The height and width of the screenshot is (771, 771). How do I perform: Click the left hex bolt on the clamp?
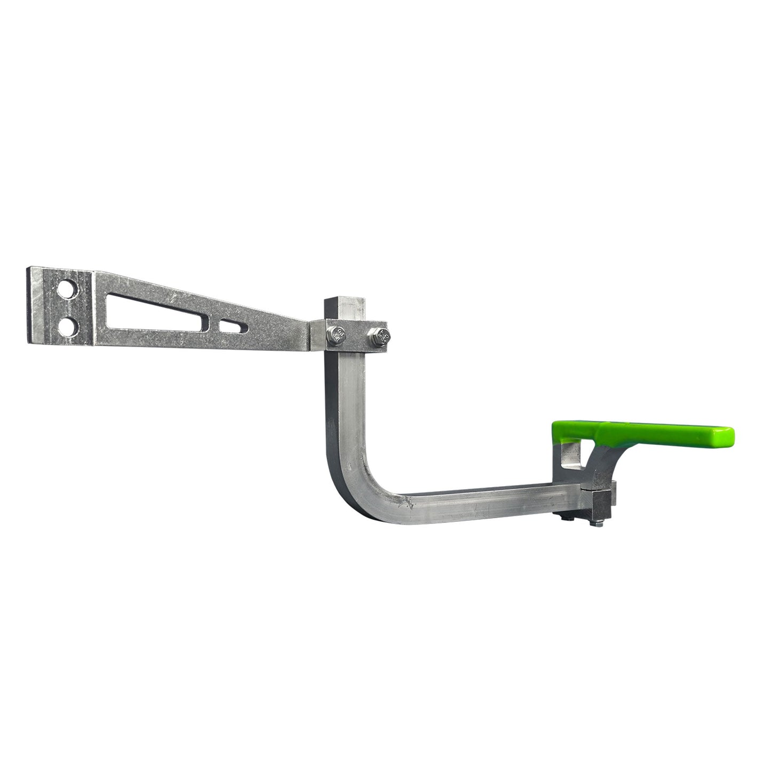pyautogui.click(x=338, y=334)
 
